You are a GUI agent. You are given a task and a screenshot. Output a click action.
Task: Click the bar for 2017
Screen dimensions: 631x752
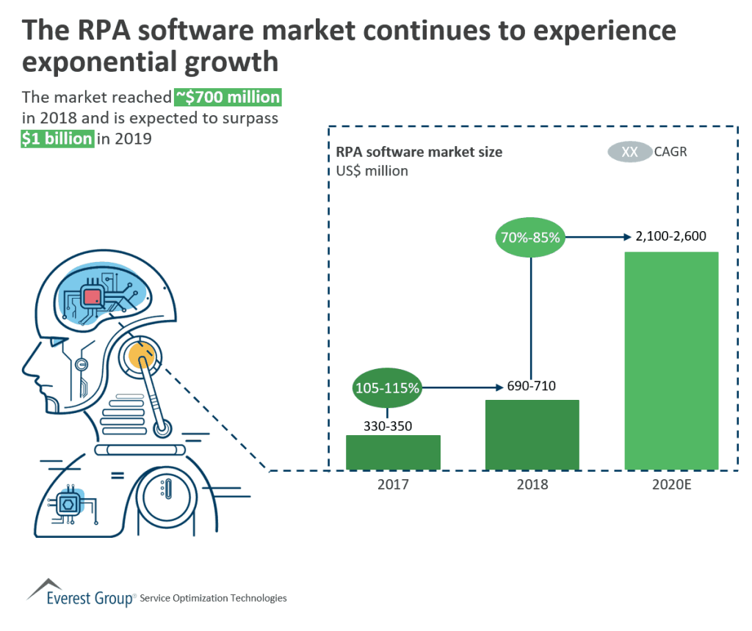[x=393, y=452]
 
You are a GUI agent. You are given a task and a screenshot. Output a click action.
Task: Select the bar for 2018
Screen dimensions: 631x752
[x=532, y=434]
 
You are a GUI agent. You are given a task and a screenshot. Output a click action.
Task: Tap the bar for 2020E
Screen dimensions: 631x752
[x=671, y=360]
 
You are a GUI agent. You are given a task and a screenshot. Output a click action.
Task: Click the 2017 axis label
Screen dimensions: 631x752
[x=393, y=484]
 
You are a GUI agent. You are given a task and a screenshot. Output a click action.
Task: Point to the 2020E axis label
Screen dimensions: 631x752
[x=671, y=484]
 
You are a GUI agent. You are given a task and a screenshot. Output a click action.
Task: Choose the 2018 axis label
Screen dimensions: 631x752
[x=532, y=484]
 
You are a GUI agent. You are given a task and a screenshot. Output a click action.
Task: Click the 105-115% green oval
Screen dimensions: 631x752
[x=387, y=388]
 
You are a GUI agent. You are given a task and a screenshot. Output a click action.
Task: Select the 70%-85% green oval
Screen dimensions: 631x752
[x=532, y=237]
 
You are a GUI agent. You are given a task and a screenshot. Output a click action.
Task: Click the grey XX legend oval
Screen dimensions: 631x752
[x=629, y=152]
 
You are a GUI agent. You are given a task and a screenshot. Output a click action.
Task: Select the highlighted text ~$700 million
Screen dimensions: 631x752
[x=228, y=98]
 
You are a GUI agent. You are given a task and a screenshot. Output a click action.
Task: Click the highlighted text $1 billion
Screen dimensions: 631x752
[x=57, y=138]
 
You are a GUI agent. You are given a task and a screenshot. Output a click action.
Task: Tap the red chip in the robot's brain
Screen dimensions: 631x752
[x=93, y=297]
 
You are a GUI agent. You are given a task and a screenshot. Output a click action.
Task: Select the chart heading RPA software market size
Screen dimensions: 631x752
[x=419, y=153]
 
